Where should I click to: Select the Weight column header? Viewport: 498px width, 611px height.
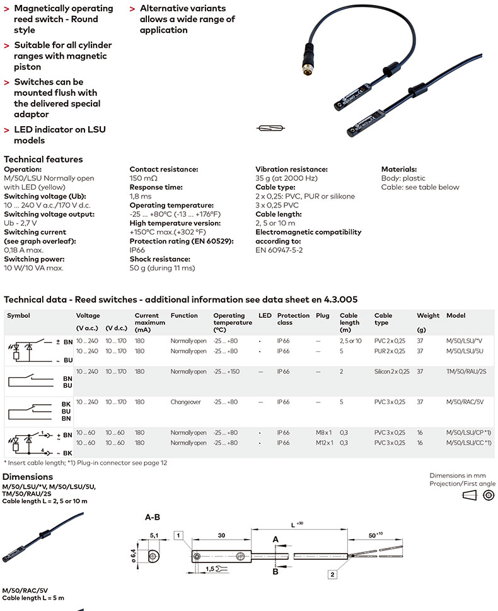coord(424,315)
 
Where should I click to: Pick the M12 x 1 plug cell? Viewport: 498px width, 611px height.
coord(323,443)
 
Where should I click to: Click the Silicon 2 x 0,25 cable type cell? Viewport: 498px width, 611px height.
coord(391,371)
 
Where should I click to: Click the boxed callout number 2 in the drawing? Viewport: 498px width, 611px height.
coord(332,574)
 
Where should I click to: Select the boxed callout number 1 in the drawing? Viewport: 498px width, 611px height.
coord(180,535)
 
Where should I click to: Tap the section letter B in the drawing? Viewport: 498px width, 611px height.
coord(275,572)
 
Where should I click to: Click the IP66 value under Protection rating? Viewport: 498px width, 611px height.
coord(137,250)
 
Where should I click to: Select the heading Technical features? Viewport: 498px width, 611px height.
coord(43,160)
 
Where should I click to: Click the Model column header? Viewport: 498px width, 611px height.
coord(455,315)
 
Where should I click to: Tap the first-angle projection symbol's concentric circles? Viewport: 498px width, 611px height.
coord(487,496)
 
